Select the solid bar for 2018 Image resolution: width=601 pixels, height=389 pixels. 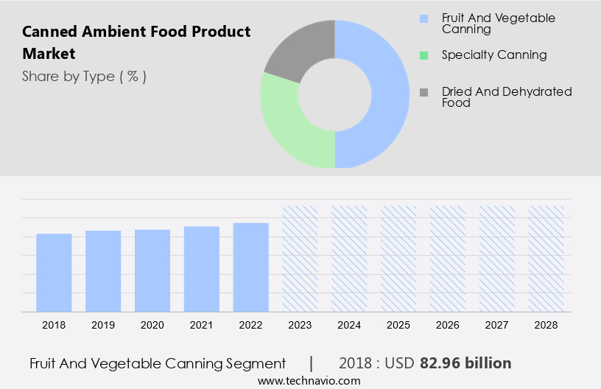coord(54,273)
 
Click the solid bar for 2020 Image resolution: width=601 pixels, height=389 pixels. coord(152,270)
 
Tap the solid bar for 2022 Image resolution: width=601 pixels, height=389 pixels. coord(251,267)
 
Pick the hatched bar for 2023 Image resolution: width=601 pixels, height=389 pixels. coord(300,258)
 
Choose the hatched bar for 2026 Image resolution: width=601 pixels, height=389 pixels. coord(448,258)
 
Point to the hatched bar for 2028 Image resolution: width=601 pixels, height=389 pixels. coord(546,258)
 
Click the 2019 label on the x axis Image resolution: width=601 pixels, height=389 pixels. coord(103,325)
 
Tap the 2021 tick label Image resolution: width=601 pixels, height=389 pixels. coord(202,325)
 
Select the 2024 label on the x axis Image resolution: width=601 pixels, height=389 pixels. coord(349,325)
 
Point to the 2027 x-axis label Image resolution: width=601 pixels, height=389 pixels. coord(497,325)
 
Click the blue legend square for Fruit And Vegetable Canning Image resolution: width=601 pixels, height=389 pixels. coord(423,18)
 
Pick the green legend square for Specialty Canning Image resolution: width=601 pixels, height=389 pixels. coord(423,55)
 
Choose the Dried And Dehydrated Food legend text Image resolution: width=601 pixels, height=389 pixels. coord(507,97)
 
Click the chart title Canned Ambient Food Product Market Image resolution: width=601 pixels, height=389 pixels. coord(136,43)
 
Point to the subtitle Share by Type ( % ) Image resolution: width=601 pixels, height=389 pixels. coord(84,77)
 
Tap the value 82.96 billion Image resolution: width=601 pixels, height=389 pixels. coord(465,363)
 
